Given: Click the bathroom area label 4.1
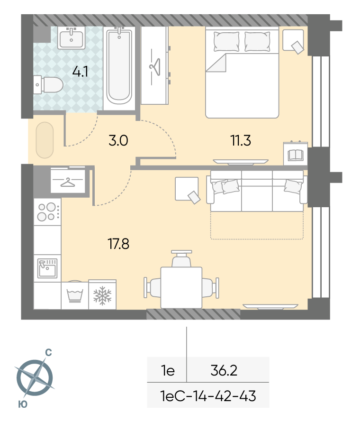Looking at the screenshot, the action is point(80,72).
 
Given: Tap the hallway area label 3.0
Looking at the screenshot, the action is point(118,140).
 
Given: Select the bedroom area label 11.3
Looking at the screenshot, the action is point(241,140).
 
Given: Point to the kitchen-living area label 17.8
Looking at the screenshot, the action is point(118,244).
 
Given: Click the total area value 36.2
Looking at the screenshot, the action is point(224,370).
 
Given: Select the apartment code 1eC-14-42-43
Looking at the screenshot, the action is point(208,396).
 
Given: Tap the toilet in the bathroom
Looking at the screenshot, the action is point(48,85).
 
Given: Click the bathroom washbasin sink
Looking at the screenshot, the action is point(71,38).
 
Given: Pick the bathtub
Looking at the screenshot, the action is point(119,66).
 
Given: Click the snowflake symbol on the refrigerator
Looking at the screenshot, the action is point(102,295).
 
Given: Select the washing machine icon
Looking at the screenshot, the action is point(75,295).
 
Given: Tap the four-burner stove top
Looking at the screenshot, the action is point(47,212).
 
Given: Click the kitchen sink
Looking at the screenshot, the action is point(47,268).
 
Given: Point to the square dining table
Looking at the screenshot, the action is point(181,287).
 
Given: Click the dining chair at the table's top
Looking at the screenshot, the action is point(181,258).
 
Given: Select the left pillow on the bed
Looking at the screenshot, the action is point(226,41).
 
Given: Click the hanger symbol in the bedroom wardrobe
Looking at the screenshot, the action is point(155,67).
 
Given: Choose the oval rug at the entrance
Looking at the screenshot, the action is point(45,140).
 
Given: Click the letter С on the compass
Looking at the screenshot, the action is point(48,352).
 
